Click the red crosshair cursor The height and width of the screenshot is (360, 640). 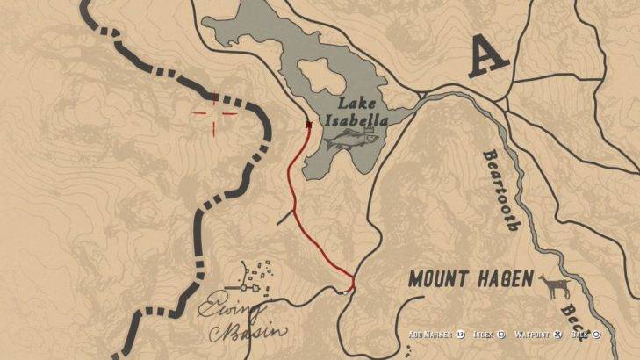click(215, 112)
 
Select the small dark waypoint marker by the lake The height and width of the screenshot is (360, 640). click(308, 125)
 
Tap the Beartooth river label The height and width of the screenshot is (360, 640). click(501, 190)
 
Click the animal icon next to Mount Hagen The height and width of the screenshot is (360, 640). click(553, 285)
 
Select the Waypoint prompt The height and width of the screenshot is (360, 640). click(537, 335)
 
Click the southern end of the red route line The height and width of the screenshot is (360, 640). click(352, 285)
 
